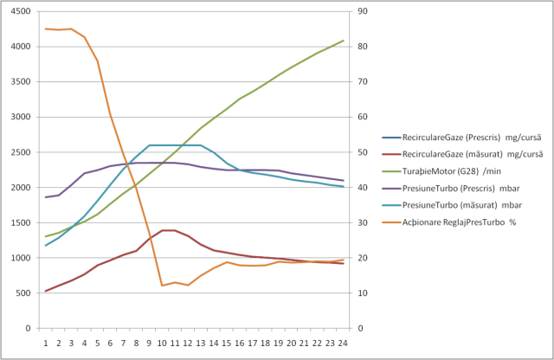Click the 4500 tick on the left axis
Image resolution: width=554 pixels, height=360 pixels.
click(21, 11)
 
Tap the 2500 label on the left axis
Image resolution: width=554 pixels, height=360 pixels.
click(21, 152)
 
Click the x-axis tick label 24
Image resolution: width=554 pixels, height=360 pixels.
click(344, 343)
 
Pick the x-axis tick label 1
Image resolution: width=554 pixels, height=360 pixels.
click(46, 343)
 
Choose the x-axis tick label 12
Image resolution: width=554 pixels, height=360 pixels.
click(188, 343)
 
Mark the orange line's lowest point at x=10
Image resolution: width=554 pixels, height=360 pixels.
click(162, 286)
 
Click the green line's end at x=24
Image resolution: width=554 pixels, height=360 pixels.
click(344, 41)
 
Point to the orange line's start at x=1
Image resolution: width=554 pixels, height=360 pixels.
click(46, 29)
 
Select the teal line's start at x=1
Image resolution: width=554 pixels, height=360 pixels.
click(46, 245)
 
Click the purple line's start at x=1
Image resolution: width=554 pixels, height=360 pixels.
click(46, 197)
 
